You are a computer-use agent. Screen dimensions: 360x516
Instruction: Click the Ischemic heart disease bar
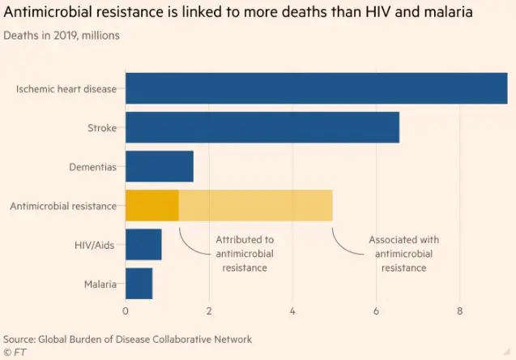click(x=316, y=88)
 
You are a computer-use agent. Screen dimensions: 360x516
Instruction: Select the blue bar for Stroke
click(x=262, y=127)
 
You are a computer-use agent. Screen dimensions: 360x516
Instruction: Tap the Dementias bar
click(x=160, y=166)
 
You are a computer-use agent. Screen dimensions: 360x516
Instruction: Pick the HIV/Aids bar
click(x=143, y=244)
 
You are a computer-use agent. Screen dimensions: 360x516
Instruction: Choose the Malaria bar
click(x=139, y=284)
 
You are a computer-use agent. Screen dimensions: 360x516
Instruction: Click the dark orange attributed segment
click(x=152, y=205)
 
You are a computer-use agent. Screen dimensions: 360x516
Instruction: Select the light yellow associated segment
click(x=255, y=205)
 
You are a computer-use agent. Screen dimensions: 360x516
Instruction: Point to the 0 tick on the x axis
click(x=126, y=311)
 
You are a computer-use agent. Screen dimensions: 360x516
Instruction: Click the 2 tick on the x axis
click(x=209, y=311)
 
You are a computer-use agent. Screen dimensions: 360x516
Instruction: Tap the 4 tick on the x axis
click(x=292, y=311)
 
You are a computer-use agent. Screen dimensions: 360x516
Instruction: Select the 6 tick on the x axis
click(x=376, y=311)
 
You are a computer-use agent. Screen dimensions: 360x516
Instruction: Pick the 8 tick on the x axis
click(x=460, y=311)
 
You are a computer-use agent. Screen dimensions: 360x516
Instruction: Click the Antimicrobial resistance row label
click(x=63, y=206)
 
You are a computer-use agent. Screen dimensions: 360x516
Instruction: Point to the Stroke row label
click(x=102, y=128)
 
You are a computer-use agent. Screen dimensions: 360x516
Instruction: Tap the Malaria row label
click(x=100, y=284)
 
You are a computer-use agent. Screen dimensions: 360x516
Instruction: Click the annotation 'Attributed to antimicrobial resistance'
click(x=245, y=253)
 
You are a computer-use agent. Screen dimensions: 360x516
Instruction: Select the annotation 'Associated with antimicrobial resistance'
click(x=403, y=253)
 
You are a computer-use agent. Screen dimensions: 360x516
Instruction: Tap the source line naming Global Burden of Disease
click(x=127, y=339)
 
